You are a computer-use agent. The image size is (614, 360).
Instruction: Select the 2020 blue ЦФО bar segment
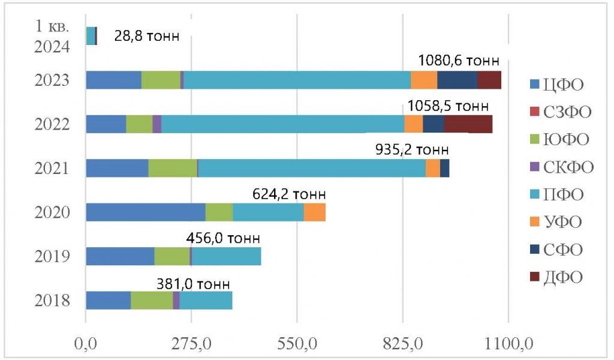tap(146, 212)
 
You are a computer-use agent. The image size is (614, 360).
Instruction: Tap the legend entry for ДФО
tap(555, 277)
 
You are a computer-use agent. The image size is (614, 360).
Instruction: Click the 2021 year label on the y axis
tap(53, 169)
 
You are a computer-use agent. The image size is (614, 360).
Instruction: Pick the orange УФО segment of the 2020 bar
tap(314, 212)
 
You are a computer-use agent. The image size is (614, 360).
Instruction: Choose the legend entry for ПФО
tap(555, 194)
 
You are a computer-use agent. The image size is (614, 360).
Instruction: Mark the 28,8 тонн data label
tap(146, 37)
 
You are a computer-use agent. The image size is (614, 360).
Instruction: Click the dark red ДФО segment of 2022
tap(468, 124)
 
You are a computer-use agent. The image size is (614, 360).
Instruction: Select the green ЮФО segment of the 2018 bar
tap(152, 300)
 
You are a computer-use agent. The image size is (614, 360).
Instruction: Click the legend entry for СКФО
tap(561, 166)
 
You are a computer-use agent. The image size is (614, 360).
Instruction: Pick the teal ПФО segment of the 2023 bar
tap(297, 80)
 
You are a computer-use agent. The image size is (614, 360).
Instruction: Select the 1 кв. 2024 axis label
tap(52, 37)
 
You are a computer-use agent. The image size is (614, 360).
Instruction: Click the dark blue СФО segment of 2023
tap(457, 80)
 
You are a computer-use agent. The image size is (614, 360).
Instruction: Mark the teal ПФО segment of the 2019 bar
tap(226, 256)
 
